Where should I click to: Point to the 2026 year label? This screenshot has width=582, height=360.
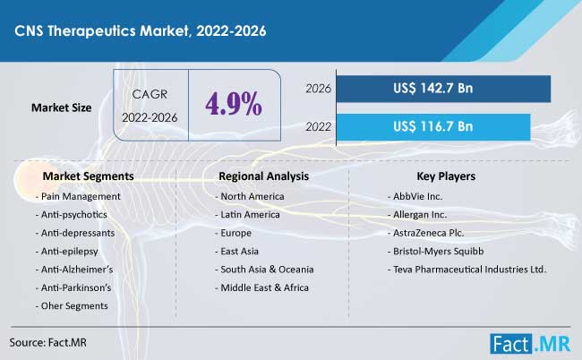pyautogui.click(x=319, y=89)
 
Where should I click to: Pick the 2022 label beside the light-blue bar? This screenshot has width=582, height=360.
pyautogui.click(x=319, y=125)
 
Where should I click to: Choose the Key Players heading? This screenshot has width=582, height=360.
pyautogui.click(x=446, y=176)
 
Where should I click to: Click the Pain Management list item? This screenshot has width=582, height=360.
pyautogui.click(x=77, y=196)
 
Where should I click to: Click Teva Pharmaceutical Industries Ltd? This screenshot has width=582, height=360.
pyautogui.click(x=467, y=269)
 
